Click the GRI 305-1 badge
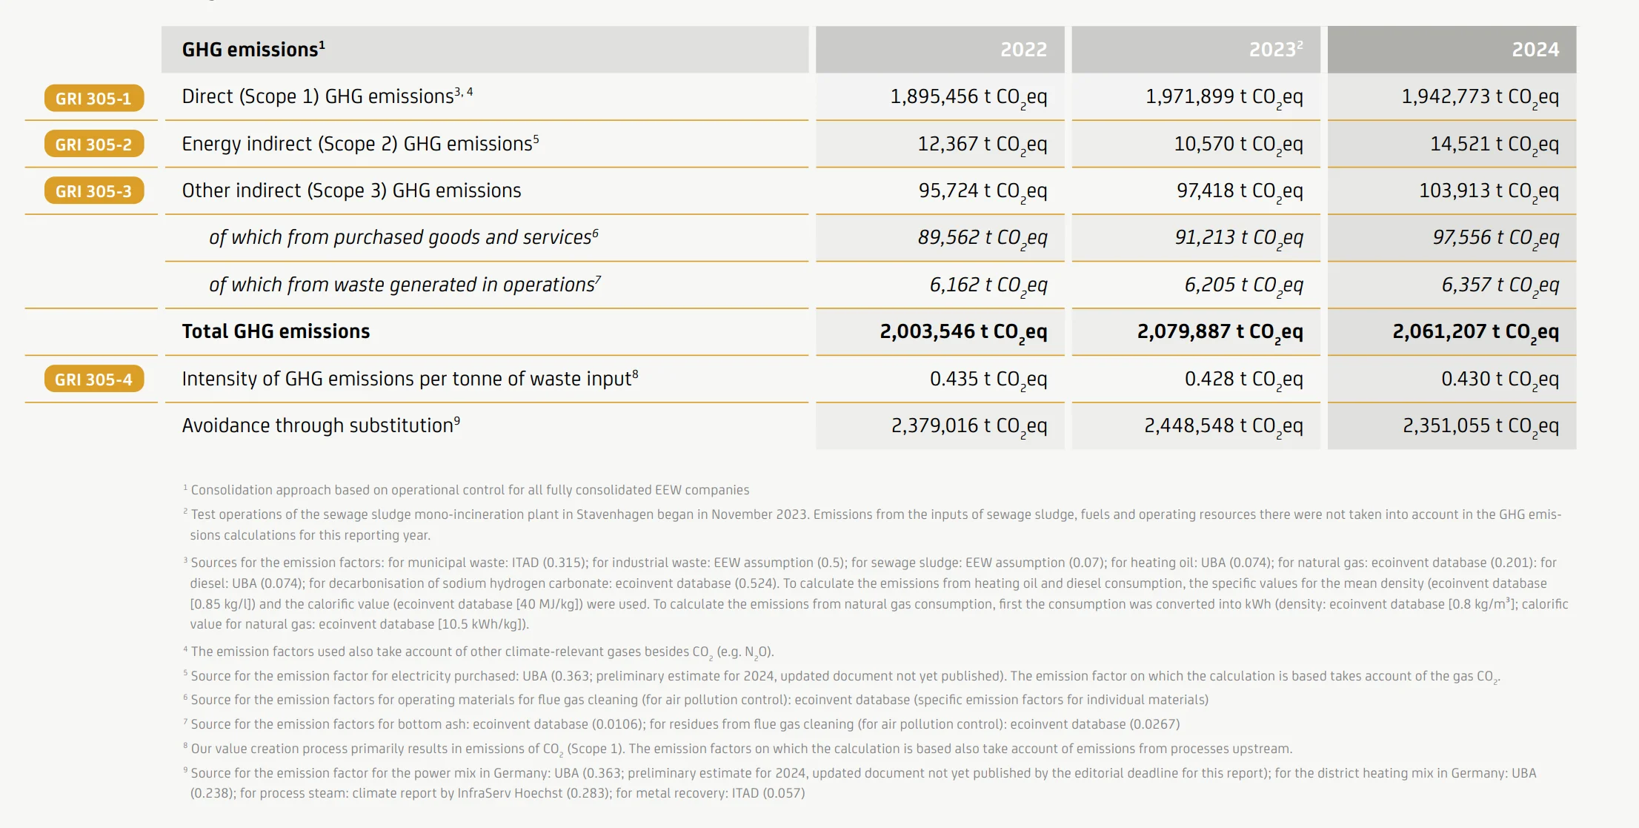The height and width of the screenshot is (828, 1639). click(x=93, y=98)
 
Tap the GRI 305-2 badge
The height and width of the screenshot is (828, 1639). click(x=93, y=145)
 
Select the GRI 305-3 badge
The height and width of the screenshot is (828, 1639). click(x=93, y=191)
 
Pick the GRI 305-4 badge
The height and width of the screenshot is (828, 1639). click(x=93, y=380)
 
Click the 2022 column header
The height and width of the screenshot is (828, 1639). click(x=1023, y=50)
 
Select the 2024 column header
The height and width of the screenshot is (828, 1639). click(x=1535, y=50)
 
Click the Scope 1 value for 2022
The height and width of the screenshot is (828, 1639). click(x=968, y=97)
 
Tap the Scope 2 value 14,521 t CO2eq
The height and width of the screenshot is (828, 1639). click(x=1494, y=145)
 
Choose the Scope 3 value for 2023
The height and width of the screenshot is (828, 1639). click(x=1239, y=191)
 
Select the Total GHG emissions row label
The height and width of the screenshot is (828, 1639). click(x=276, y=331)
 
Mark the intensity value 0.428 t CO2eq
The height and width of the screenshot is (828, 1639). click(x=1243, y=380)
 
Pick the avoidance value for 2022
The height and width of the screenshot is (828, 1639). click(x=968, y=426)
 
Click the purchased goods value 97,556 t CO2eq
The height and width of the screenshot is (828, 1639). click(x=1495, y=238)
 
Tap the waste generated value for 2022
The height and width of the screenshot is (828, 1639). click(x=988, y=285)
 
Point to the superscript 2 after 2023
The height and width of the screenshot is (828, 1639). click(x=1300, y=44)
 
